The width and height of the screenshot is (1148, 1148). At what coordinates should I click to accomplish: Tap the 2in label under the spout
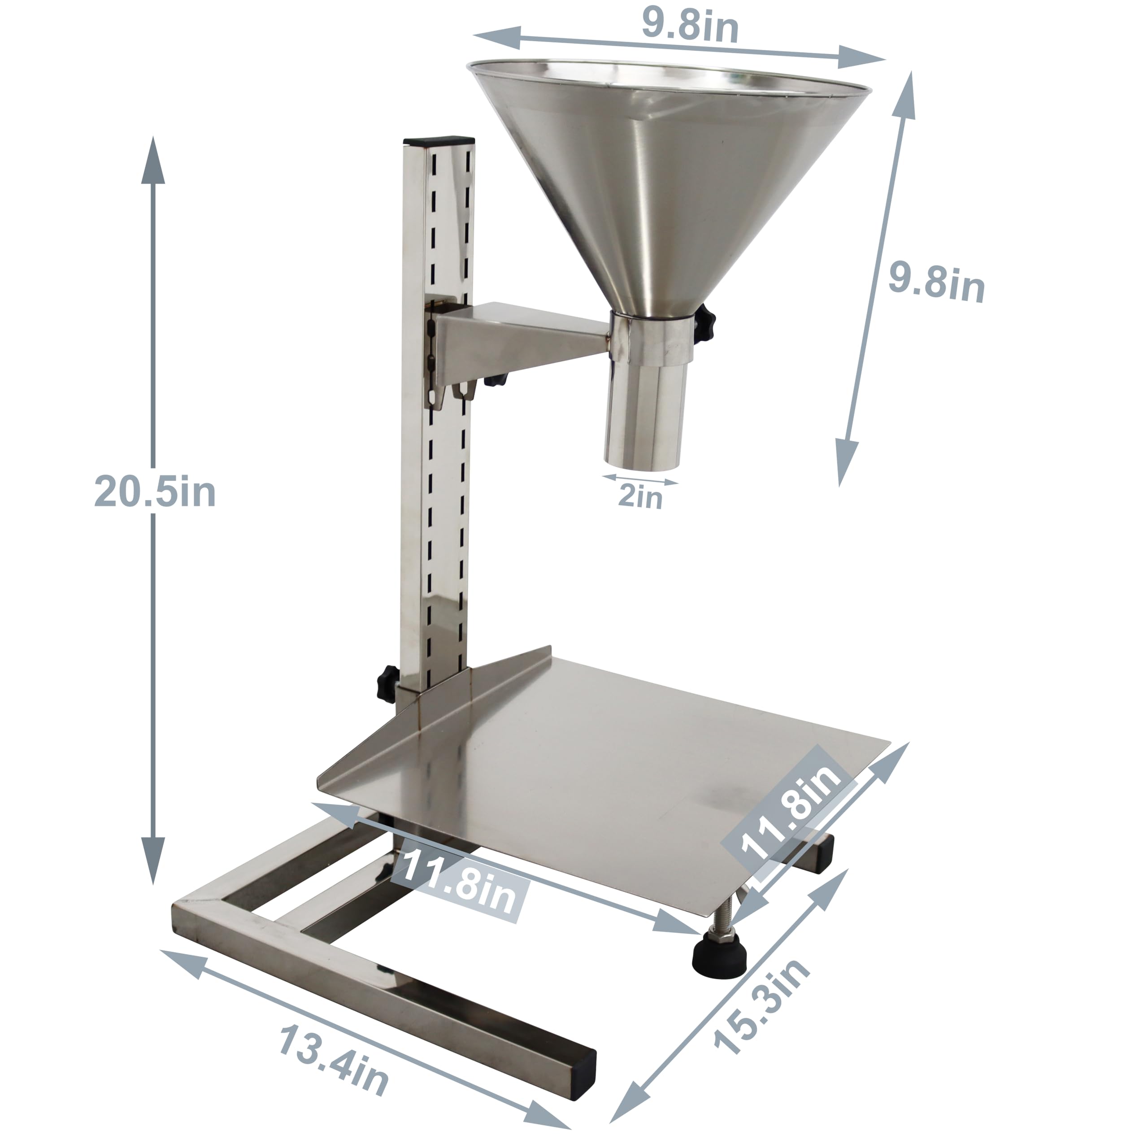640,496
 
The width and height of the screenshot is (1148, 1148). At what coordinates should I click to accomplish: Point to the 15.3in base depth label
762,1004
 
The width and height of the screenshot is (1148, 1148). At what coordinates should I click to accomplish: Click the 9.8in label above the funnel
690,27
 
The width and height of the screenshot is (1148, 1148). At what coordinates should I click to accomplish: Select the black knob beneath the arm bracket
495,379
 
